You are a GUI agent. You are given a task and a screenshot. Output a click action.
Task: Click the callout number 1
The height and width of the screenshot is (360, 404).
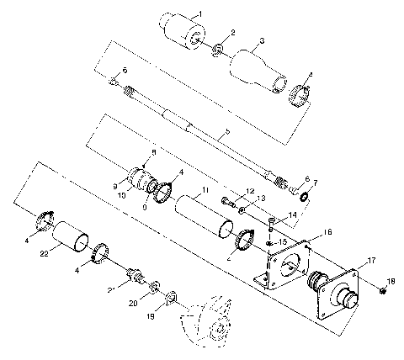[x=200, y=14]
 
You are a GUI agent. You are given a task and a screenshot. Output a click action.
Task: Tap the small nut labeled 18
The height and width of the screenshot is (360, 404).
[x=382, y=290]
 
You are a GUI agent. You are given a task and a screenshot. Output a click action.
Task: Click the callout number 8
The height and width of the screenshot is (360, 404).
[x=154, y=151]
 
